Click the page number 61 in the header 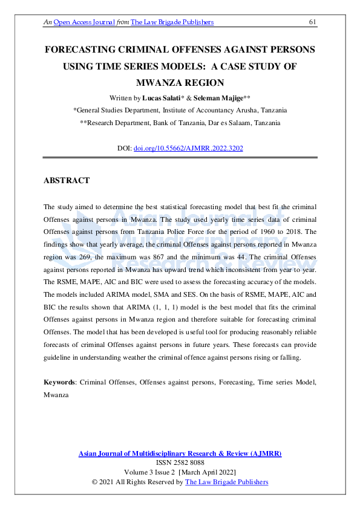tap(313, 22)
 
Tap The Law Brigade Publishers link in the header tap(172, 22)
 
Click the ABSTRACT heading tap(67, 181)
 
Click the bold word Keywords tap(59, 383)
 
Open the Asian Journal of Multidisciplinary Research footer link tap(180, 453)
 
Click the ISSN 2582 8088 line tap(180, 462)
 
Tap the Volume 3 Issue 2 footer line tap(180, 472)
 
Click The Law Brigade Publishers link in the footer tap(226, 482)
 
